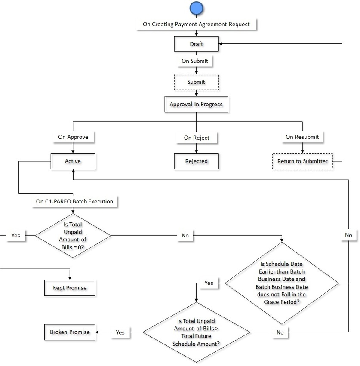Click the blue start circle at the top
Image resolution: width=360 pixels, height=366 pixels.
[197, 9]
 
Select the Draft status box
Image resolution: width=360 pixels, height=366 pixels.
[197, 44]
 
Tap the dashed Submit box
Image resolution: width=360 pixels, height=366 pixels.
[196, 82]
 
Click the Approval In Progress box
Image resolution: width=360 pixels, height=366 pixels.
[196, 104]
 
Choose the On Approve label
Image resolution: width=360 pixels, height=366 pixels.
[73, 138]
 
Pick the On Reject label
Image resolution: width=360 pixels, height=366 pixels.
[197, 138]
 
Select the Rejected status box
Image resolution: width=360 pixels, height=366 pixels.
[196, 161]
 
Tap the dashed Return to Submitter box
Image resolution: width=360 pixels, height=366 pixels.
[302, 161]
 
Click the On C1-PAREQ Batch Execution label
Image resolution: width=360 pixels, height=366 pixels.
[74, 201]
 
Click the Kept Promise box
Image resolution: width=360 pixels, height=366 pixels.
[69, 287]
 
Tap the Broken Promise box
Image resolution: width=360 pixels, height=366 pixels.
[70, 332]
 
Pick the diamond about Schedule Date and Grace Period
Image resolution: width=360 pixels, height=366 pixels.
[283, 283]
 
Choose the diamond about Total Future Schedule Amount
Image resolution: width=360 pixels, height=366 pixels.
[197, 332]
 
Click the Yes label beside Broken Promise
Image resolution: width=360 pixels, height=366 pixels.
[120, 332]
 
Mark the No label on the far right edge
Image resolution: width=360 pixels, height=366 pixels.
[348, 235]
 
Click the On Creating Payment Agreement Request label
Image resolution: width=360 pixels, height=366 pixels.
[196, 24]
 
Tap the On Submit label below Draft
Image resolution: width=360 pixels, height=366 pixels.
[195, 61]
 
